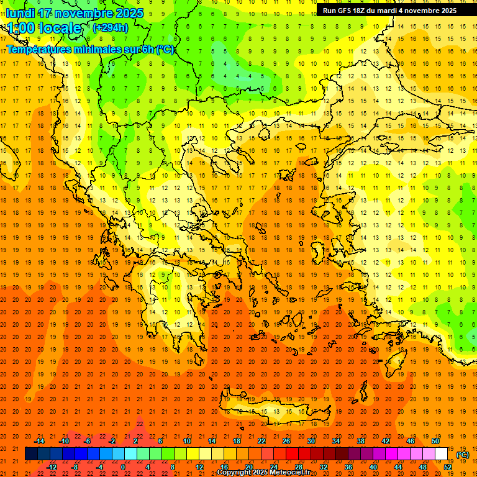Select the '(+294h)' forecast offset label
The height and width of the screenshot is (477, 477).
point(110,27)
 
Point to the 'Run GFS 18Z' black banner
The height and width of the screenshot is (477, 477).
point(389,11)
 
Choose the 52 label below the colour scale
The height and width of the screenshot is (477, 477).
point(448,467)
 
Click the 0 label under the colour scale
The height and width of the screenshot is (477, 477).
point(123,467)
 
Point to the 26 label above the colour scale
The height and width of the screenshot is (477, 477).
point(286,441)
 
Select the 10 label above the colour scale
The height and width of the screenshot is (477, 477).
point(187,441)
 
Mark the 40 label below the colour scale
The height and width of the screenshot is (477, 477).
point(373,467)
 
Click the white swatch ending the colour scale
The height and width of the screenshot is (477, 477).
point(442,454)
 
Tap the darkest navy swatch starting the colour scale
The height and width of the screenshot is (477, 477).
point(31,454)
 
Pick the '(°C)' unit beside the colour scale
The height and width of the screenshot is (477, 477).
point(463,455)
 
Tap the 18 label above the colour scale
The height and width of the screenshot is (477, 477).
point(237,441)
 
